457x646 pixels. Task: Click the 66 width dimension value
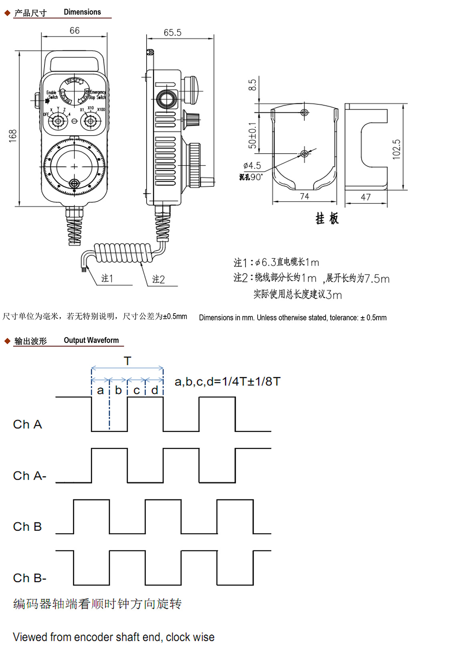tap(74, 31)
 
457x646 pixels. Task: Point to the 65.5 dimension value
tap(172, 33)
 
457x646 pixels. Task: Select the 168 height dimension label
tap(13, 136)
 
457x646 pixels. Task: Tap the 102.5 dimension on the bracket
tap(397, 149)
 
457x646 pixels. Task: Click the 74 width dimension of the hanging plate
tap(304, 196)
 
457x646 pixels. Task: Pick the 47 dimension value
tap(366, 197)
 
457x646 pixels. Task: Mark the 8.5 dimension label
tap(252, 85)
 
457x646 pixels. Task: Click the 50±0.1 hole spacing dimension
tap(252, 136)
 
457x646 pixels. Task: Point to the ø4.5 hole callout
tap(252, 166)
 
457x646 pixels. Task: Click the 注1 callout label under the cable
tap(107, 278)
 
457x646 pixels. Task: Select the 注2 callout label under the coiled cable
tap(159, 279)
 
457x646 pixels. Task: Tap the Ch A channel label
tap(27, 424)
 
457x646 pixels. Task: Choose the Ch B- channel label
tap(30, 578)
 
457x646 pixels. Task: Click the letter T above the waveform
tap(127, 361)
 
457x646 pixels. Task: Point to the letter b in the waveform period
tap(118, 390)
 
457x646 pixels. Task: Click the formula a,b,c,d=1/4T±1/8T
tap(227, 382)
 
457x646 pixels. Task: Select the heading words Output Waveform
tap(91, 340)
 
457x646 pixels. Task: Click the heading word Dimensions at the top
tap(83, 12)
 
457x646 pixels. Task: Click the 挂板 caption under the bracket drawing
tap(327, 218)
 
